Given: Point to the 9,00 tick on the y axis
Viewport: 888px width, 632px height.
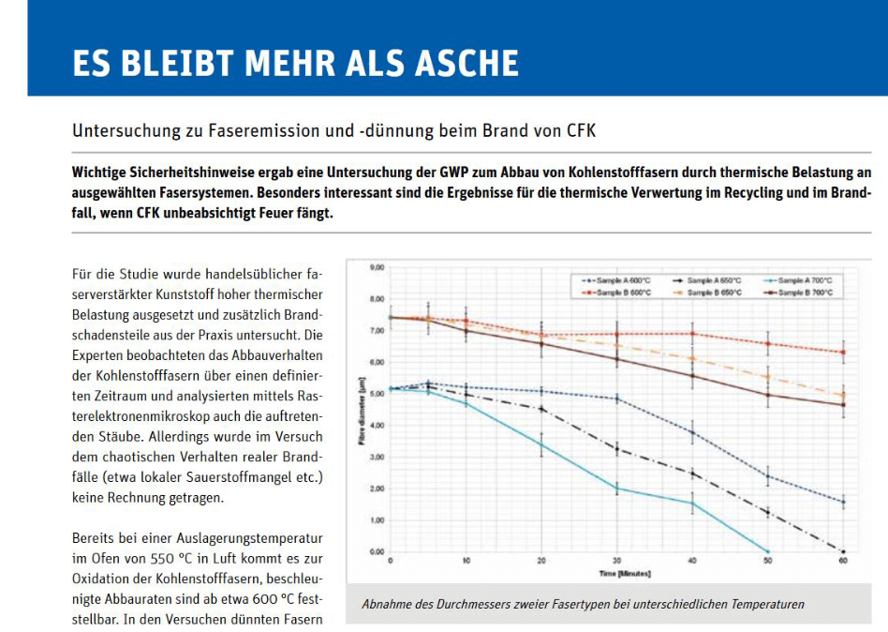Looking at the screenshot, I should coord(377,267).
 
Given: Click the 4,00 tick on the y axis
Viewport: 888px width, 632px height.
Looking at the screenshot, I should coord(377,426).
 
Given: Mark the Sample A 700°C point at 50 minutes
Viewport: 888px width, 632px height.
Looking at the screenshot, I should coord(767,551).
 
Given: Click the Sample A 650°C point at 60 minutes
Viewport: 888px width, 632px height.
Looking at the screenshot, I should coord(843,551).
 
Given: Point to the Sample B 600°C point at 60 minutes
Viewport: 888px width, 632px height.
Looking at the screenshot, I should coord(843,353).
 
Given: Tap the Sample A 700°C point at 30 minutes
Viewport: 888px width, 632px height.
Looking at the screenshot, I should coord(616,489).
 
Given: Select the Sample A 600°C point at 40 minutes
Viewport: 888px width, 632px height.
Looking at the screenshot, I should coord(692,432).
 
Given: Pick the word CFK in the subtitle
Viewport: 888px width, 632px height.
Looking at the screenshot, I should coord(581,130).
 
